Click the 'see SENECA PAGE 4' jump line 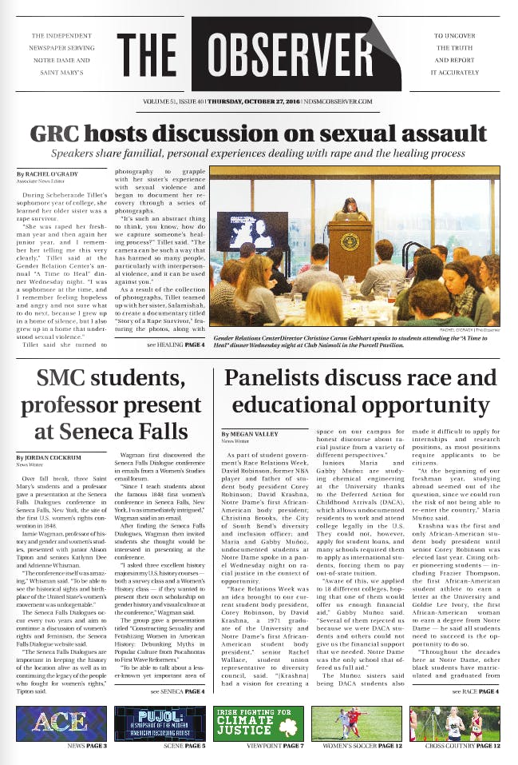tap(176, 690)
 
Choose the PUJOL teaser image tap(160, 723)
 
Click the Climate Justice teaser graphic tap(258, 723)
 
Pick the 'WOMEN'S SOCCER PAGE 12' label tap(355, 746)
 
